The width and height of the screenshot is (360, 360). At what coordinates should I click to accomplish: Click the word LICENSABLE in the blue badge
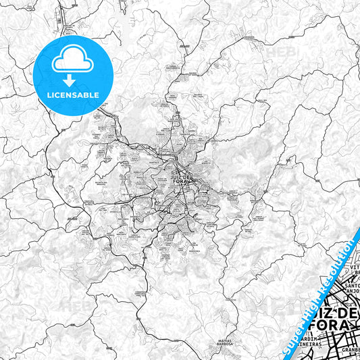72,95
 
